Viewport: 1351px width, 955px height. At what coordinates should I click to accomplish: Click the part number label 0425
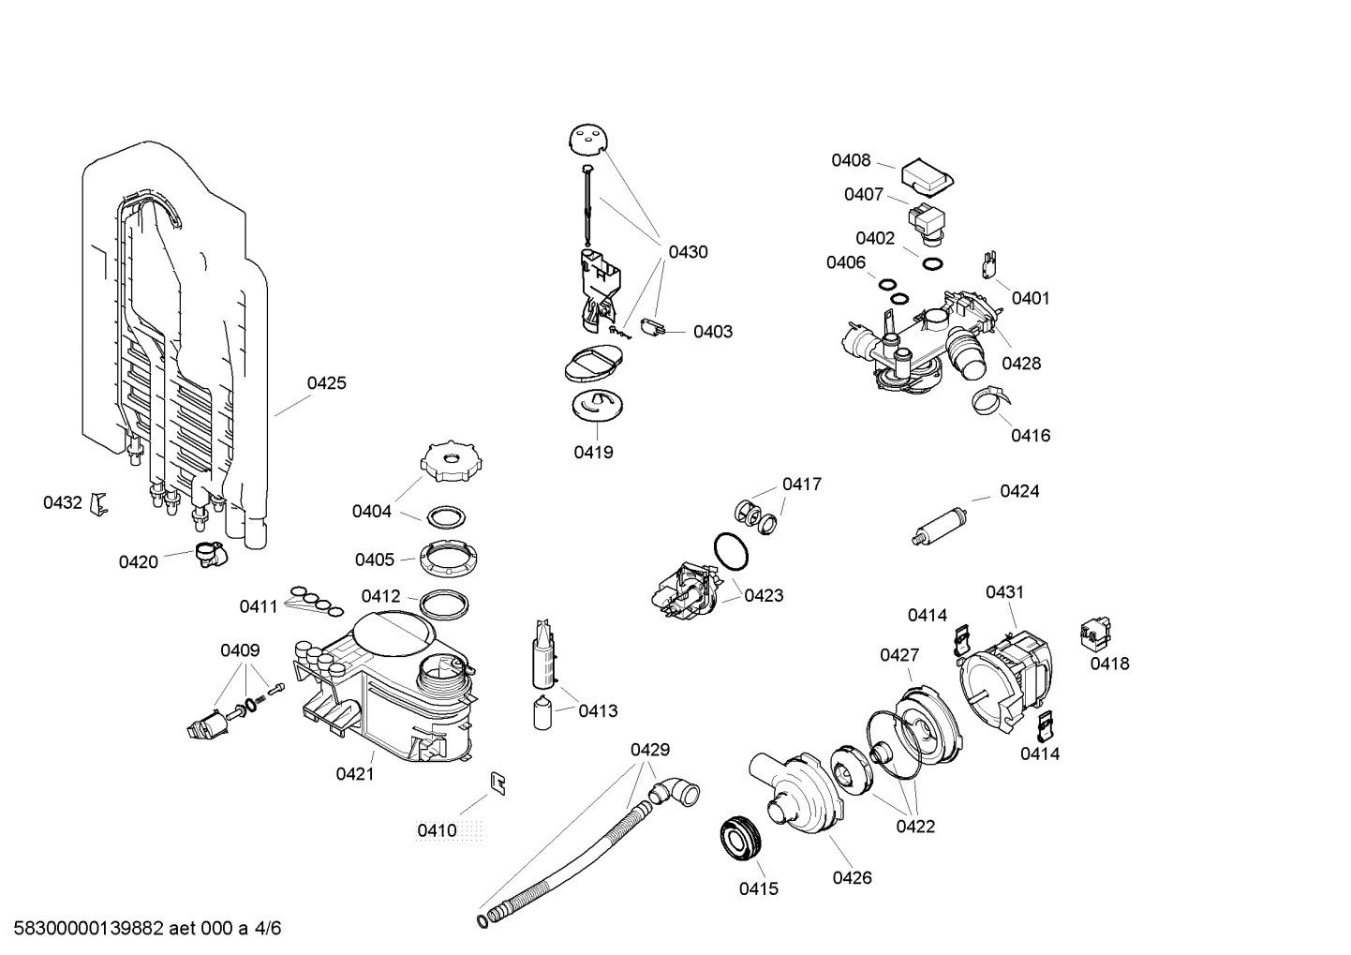point(326,382)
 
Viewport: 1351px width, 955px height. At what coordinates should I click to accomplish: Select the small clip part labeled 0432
point(98,504)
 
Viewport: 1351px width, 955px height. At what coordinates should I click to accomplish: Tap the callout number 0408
point(851,160)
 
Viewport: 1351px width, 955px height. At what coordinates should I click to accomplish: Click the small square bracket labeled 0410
point(498,783)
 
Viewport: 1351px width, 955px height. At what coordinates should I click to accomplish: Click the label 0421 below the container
point(355,773)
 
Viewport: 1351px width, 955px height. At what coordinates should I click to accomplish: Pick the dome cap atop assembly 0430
point(587,140)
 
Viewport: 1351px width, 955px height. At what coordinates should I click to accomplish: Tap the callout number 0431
point(1004,591)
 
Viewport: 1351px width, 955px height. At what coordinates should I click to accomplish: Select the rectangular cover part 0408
point(927,175)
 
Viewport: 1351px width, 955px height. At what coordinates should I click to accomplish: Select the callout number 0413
point(598,710)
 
